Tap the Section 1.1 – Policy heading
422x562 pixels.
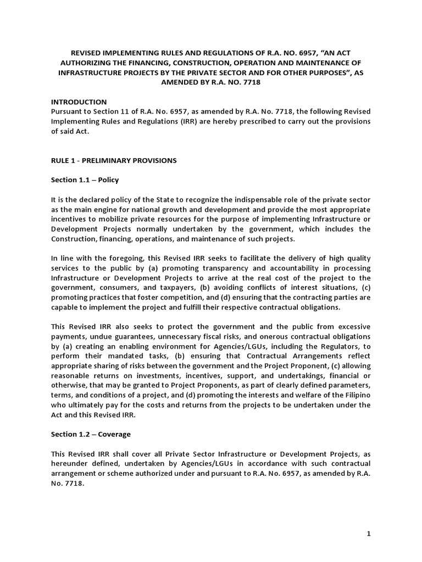pyautogui.click(x=85, y=180)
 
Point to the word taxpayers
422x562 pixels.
pyautogui.click(x=158, y=288)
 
